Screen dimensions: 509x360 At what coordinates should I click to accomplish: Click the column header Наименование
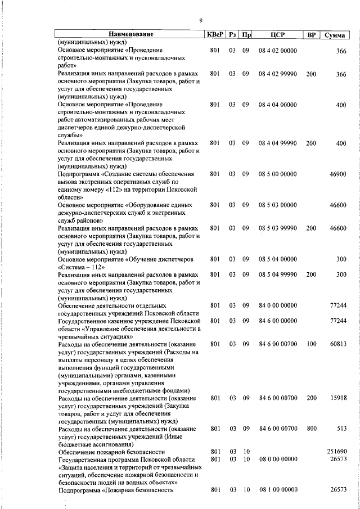tap(129, 34)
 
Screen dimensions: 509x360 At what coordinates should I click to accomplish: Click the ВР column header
tap(310, 34)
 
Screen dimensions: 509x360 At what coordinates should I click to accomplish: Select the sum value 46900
tap(337, 174)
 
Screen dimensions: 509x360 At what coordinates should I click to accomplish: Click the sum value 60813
tap(337, 343)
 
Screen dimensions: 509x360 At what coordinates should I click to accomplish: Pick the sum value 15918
tap(337, 398)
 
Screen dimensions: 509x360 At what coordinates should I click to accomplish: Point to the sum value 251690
tap(336, 452)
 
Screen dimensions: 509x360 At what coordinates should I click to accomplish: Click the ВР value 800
tap(311, 429)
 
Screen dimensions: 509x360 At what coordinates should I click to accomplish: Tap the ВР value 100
tap(311, 343)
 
